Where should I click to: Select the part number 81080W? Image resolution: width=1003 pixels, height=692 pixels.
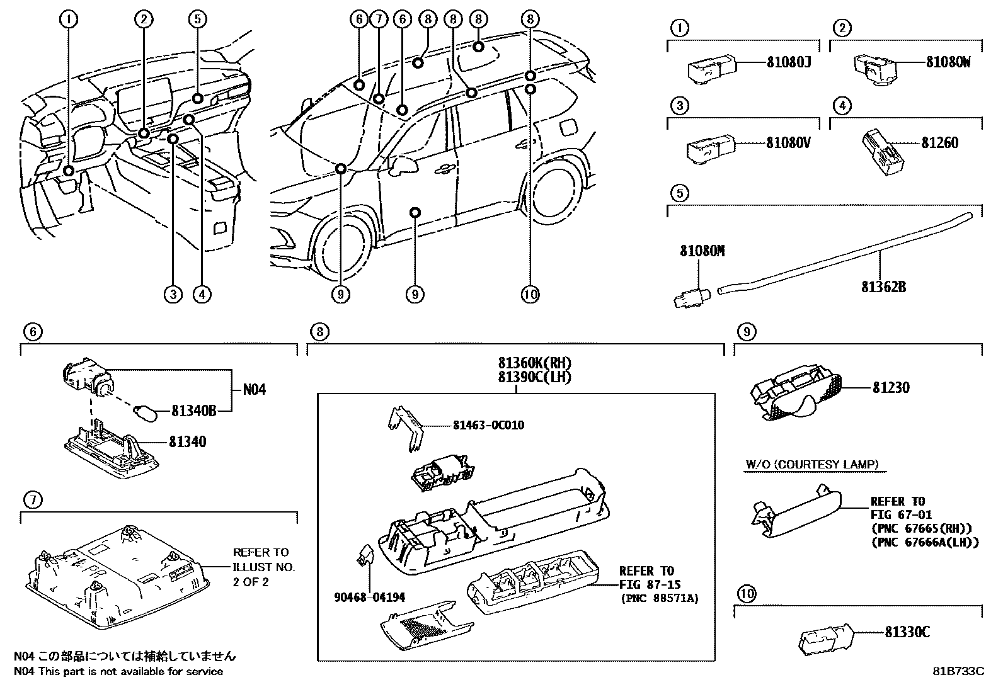click(948, 63)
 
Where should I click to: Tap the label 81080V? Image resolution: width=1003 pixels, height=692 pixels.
click(788, 143)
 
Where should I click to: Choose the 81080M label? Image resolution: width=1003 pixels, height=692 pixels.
click(702, 251)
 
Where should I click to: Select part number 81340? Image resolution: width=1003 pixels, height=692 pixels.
click(187, 442)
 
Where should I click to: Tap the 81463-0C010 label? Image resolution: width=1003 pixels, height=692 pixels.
click(488, 426)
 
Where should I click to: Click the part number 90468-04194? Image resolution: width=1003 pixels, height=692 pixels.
click(369, 598)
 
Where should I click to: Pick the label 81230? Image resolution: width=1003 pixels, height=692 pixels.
click(891, 388)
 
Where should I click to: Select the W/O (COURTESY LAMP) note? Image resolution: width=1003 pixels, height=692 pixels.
click(812, 465)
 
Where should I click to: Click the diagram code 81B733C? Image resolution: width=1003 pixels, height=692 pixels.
click(958, 671)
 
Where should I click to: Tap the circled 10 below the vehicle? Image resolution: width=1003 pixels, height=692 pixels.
click(530, 294)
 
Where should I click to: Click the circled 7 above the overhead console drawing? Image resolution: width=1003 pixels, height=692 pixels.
click(33, 501)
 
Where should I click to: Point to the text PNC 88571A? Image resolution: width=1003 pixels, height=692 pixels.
click(659, 598)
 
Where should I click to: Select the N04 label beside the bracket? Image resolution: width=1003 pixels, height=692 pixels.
click(255, 390)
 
